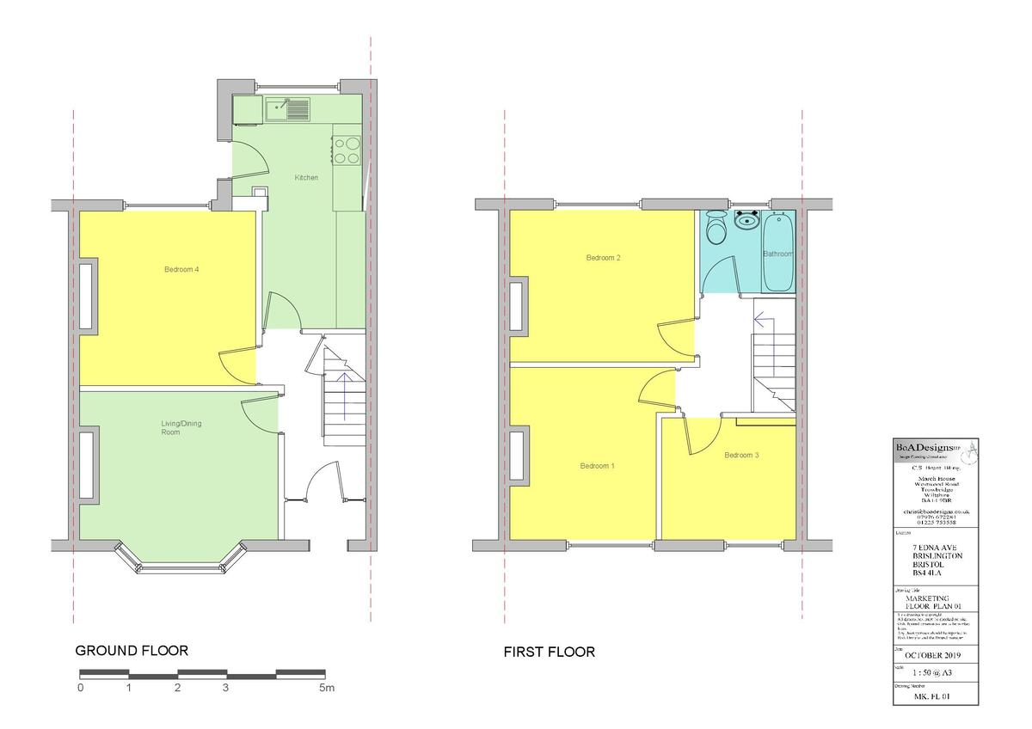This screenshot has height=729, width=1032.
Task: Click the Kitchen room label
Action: coord(306,178)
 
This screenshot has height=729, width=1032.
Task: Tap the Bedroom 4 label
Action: coord(181,270)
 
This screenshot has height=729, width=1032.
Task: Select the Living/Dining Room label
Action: coord(181,428)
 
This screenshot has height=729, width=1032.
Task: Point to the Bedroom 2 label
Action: coord(604,258)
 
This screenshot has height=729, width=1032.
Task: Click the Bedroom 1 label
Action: coord(597,466)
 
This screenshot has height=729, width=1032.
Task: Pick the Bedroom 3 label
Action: coord(741,455)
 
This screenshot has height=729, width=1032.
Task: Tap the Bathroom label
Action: coord(778,254)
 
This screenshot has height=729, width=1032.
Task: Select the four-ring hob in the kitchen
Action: coord(347,151)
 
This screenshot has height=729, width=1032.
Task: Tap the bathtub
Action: coord(779,251)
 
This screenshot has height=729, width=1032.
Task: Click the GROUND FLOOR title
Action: coord(132,651)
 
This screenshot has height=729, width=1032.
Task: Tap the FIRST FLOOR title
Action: coord(549,652)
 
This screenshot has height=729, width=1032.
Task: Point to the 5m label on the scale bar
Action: coord(327,689)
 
